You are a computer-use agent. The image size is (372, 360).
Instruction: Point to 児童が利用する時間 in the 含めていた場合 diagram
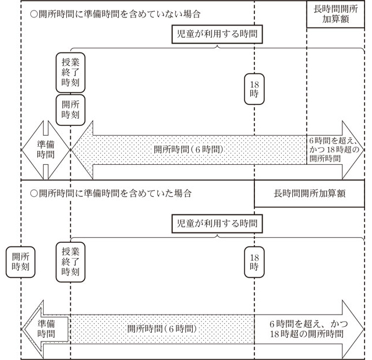click(x=215, y=223)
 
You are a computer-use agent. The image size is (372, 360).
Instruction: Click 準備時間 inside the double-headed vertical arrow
click(x=45, y=150)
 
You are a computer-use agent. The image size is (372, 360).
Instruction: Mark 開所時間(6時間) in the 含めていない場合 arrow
click(x=189, y=149)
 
